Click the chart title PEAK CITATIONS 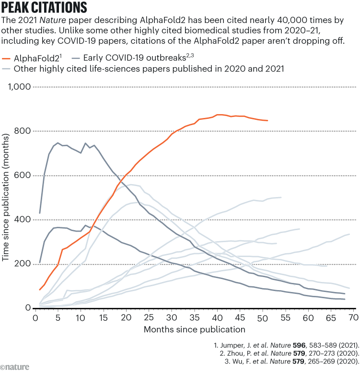click(45, 8)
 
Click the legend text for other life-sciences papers click(150, 69)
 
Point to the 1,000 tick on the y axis click(18, 87)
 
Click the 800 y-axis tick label click(23, 131)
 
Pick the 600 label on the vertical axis click(23, 175)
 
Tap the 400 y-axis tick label click(23, 220)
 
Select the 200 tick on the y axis click(23, 264)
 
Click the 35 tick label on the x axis click(195, 317)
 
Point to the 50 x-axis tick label click(263, 317)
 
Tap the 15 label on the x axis click(104, 317)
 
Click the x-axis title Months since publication click(195, 329)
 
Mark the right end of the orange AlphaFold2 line click(267, 121)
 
